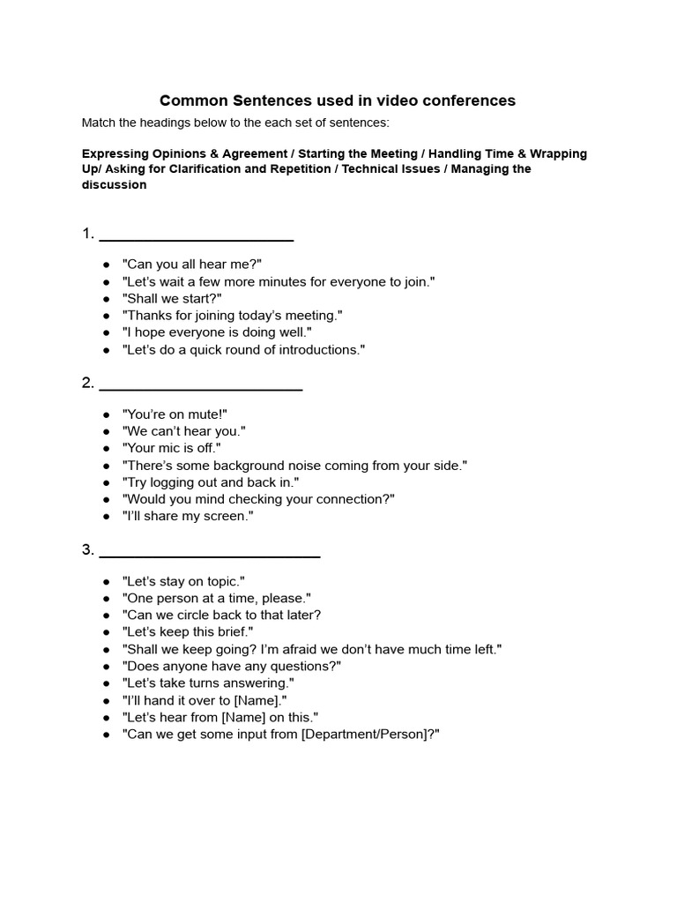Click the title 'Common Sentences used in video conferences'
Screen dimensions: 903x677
[x=338, y=101]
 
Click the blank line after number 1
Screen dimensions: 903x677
[x=196, y=238]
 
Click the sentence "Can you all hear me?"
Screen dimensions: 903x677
[x=192, y=265]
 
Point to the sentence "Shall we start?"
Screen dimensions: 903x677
[x=172, y=298]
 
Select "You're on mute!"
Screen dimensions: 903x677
[x=175, y=414]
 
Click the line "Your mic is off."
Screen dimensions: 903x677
[x=172, y=448]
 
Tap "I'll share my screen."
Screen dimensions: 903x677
[x=188, y=516]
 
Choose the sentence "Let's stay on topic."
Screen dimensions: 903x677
[x=183, y=581]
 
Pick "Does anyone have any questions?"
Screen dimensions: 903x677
[x=232, y=666]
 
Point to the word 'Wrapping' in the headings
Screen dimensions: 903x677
[x=558, y=153]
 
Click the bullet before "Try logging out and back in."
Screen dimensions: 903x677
[x=106, y=482]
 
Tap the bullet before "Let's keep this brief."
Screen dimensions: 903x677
[x=106, y=632]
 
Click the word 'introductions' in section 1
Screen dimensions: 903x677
[x=317, y=349]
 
